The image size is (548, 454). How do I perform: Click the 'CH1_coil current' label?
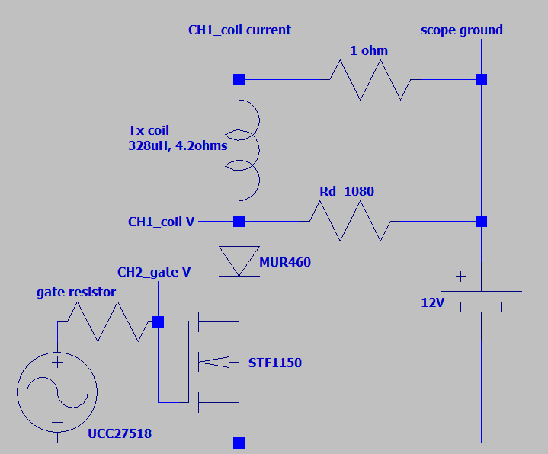239,30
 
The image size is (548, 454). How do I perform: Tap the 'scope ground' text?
462,30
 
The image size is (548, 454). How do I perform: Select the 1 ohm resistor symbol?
370,80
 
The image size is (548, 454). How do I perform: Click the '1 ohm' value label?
369,50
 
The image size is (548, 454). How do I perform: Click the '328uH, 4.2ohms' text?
178,145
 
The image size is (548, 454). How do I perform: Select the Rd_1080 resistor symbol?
350,221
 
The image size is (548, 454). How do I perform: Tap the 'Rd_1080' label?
347,191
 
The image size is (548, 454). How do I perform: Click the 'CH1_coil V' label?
161,222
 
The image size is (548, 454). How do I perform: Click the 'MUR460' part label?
285,262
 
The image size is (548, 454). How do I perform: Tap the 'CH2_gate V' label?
154,272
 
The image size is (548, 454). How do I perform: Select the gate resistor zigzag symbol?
107,321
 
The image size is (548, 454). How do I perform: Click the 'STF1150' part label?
275,363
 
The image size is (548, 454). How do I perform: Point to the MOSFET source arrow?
214,362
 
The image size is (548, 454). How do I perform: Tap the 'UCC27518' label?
120,433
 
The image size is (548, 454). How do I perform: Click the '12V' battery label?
433,302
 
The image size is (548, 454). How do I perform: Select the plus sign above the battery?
461,277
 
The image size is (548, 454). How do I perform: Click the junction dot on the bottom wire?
239,443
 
